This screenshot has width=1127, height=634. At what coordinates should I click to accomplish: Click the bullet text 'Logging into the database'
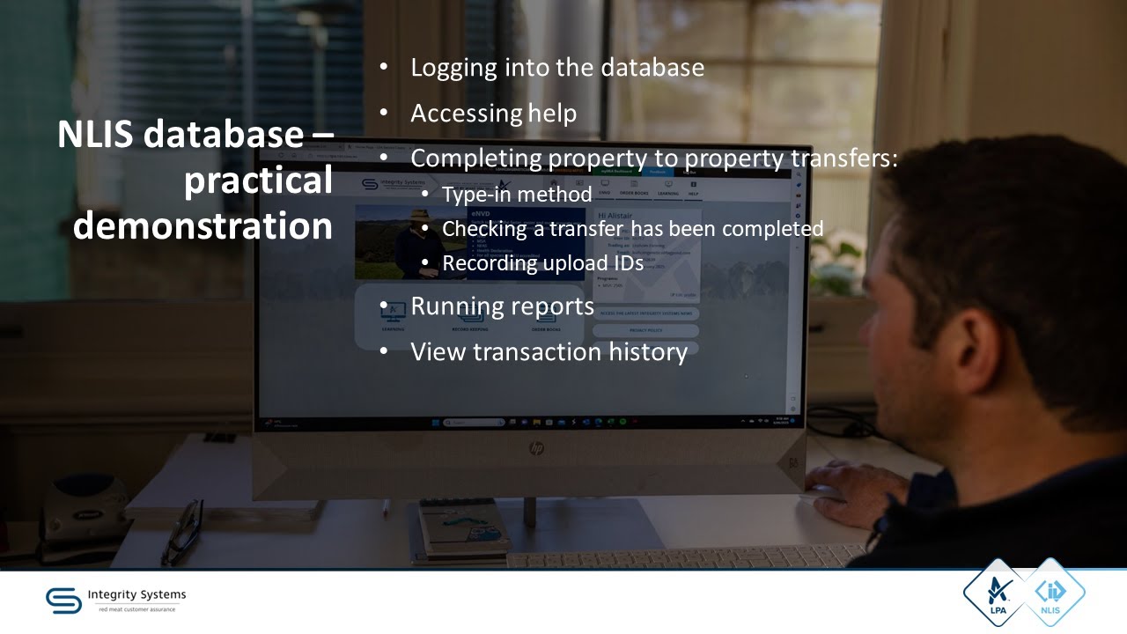[556, 68]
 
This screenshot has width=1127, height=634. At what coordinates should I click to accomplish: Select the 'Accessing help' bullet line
[493, 114]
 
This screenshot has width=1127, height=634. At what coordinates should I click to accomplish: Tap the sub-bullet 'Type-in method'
[516, 195]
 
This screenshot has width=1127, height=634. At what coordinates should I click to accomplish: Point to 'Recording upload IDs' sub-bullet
[542, 263]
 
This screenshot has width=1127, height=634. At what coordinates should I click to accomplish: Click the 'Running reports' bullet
[502, 306]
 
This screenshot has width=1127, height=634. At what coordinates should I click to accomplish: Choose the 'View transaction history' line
[549, 352]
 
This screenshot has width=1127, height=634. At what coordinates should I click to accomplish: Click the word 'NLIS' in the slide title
[92, 135]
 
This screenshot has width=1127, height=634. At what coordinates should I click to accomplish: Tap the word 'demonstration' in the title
[203, 225]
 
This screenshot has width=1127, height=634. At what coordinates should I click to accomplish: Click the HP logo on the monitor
[536, 449]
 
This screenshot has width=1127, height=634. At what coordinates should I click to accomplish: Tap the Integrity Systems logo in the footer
[116, 600]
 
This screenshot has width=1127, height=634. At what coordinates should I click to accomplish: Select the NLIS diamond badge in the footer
[1050, 593]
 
